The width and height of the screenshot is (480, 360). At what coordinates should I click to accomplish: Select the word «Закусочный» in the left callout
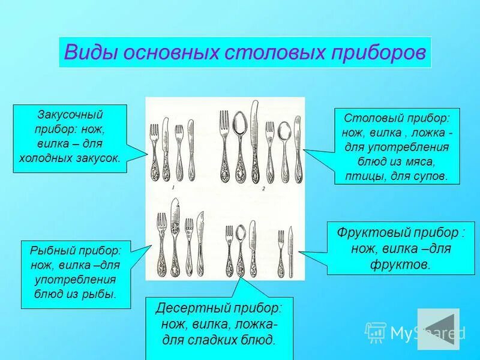click(70, 114)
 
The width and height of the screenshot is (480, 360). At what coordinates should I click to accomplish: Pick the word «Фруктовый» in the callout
click(371, 232)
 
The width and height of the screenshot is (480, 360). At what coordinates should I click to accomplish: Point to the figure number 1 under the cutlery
click(173, 188)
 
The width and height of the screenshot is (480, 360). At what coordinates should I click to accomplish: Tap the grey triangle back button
click(437, 329)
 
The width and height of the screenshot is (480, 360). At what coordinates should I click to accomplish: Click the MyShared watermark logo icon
click(376, 332)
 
